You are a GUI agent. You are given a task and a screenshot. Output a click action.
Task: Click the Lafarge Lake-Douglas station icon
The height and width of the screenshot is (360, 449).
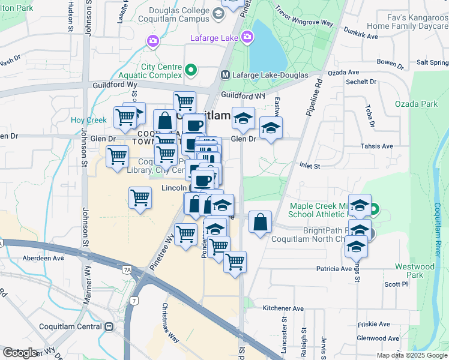(226, 76)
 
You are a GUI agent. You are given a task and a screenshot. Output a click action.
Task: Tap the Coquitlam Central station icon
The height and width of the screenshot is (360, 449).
(109, 327)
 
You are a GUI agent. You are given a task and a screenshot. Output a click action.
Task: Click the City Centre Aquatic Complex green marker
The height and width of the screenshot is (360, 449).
(191, 71)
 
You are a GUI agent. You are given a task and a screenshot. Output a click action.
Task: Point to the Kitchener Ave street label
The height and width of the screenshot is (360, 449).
(283, 308)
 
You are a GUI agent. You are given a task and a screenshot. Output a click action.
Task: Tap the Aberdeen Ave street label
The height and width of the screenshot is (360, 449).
(43, 258)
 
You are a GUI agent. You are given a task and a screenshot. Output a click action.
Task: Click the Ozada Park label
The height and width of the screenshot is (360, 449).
(416, 104)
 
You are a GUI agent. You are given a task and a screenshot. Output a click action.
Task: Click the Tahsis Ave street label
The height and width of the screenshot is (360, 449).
(376, 146)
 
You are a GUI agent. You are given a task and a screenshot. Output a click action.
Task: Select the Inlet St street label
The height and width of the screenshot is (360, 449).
(309, 166)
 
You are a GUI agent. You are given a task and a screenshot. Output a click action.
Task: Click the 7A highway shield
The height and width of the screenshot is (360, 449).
(127, 271)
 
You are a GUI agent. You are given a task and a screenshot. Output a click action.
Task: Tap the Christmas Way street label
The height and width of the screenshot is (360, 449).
(170, 322)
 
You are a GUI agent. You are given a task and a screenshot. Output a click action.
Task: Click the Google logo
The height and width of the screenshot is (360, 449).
(20, 353)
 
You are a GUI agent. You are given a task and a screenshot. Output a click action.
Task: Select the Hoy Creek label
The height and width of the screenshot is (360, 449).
(88, 120)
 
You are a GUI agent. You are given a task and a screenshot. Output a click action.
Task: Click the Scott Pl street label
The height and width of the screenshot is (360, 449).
(397, 284)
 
